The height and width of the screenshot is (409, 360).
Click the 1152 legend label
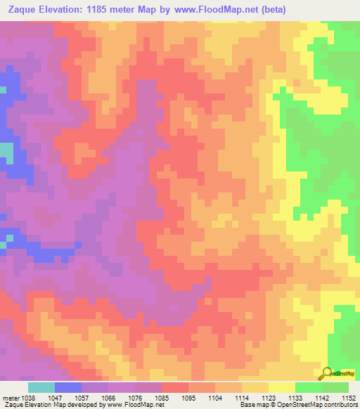point(349,396)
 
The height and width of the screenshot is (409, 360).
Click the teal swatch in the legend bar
point(41,387)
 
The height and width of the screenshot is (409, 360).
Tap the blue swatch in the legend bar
point(68,387)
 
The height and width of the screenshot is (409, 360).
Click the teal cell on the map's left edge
point(6,151)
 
